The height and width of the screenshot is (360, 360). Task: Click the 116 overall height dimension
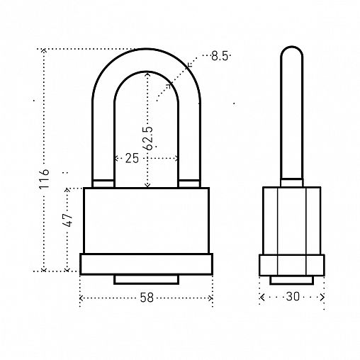(44, 179)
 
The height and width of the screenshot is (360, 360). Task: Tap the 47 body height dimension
(68, 220)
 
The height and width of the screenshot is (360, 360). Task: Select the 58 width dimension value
(147, 298)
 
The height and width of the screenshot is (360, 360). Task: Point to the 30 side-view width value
(293, 296)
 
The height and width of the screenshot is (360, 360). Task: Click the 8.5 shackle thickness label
(220, 56)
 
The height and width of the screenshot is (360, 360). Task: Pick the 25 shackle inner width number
(132, 158)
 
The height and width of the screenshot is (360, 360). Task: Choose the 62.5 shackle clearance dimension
(148, 138)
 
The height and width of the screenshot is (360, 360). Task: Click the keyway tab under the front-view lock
(147, 279)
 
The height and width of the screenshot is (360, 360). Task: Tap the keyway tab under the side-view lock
(292, 280)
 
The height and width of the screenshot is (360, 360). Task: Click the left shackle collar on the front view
(103, 184)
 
